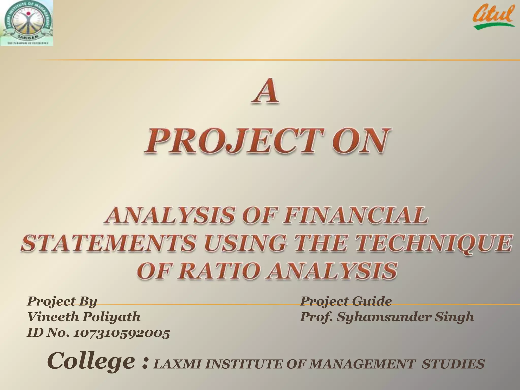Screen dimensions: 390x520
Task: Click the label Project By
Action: pos(62,301)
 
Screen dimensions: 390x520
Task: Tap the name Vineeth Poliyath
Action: pos(84,317)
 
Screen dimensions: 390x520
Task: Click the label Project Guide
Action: pos(346,301)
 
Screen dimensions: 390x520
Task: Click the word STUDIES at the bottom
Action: pos(453,364)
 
